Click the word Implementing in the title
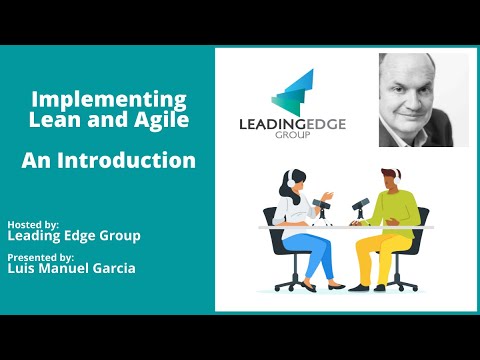(x=109, y=100)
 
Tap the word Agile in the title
(x=159, y=121)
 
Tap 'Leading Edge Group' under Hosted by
(x=73, y=236)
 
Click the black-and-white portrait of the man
(x=423, y=100)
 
